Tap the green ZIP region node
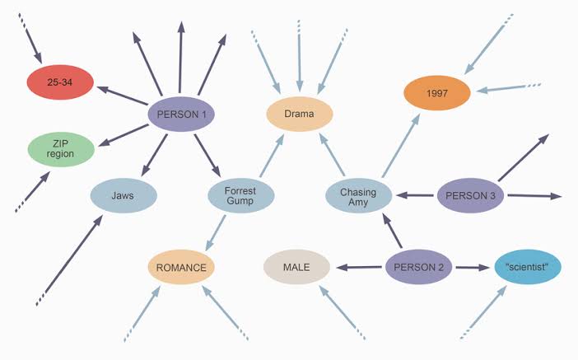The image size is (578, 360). pos(62,149)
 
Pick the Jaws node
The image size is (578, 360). pos(124,196)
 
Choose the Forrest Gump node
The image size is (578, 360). pos(241,196)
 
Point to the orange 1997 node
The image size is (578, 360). pos(436,94)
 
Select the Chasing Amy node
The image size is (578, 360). pos(359,196)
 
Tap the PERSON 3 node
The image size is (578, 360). pos(469,196)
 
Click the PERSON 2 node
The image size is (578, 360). pos(418,267)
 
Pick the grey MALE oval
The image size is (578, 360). pos(296,268)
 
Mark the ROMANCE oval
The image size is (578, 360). pos(182,268)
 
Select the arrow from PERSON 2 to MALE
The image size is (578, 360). pos(359,267)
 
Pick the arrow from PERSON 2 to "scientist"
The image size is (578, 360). pos(473,267)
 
